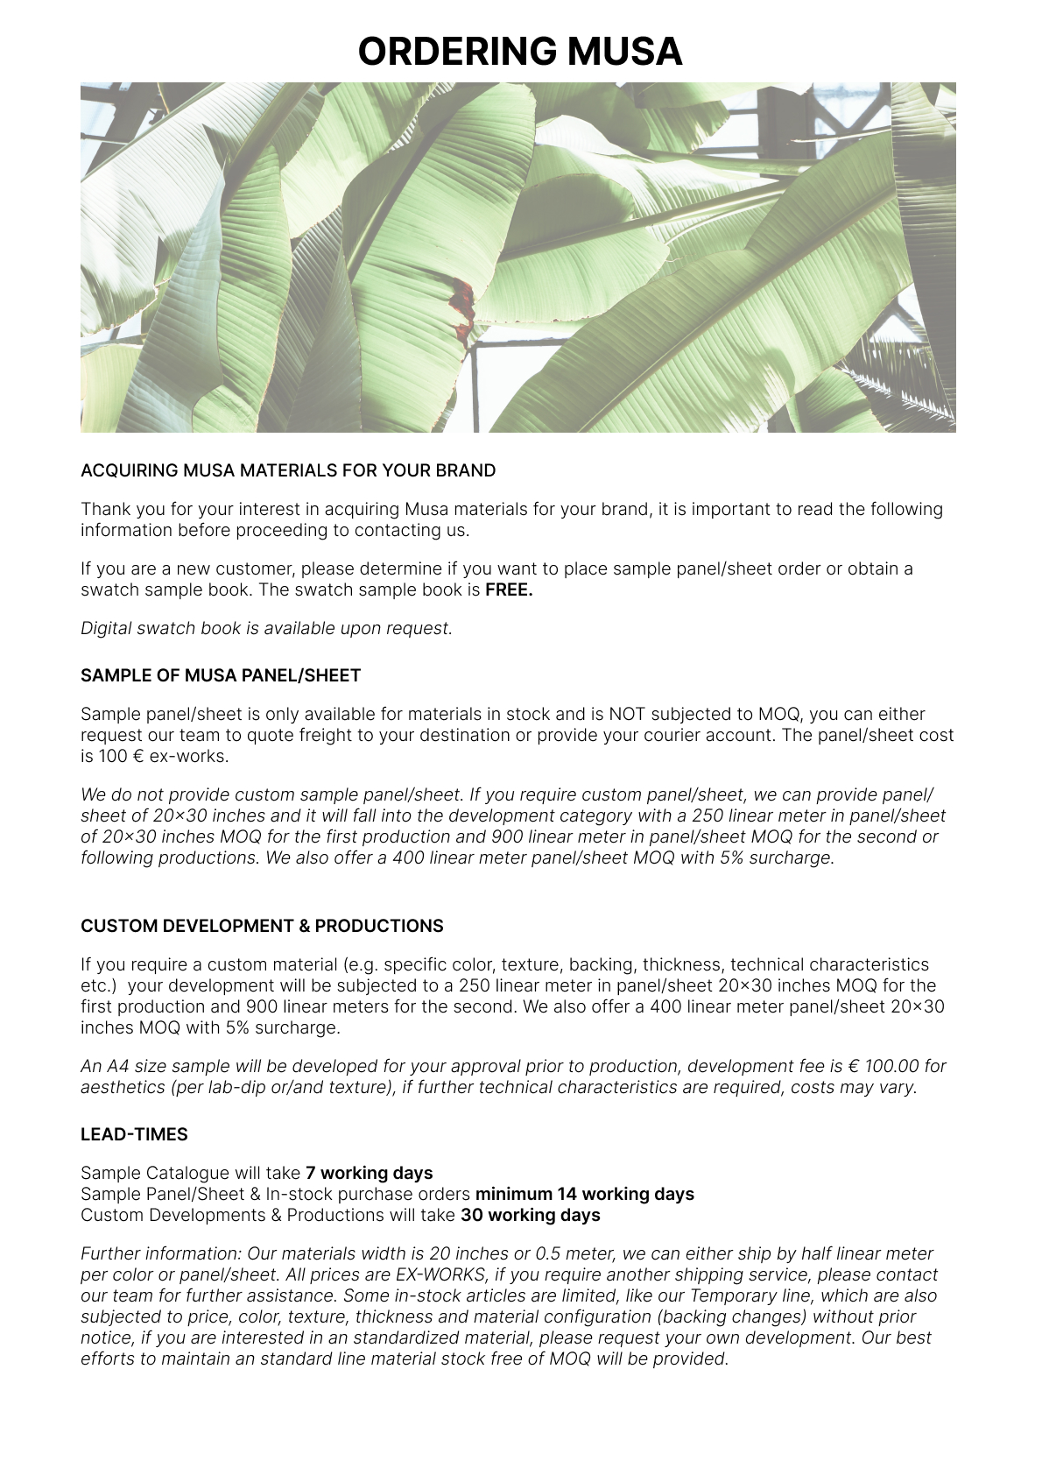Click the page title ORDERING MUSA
tap(520, 52)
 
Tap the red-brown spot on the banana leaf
tap(462, 302)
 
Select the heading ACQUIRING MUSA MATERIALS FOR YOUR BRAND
tap(288, 470)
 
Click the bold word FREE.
tap(509, 589)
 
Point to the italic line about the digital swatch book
tap(266, 628)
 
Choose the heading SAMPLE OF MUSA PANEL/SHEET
tap(221, 675)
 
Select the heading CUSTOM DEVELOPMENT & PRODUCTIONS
tap(262, 926)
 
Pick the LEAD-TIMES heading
tap(134, 1134)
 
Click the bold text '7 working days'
tap(369, 1173)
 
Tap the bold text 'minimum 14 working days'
tap(584, 1194)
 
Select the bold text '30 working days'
tap(530, 1215)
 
